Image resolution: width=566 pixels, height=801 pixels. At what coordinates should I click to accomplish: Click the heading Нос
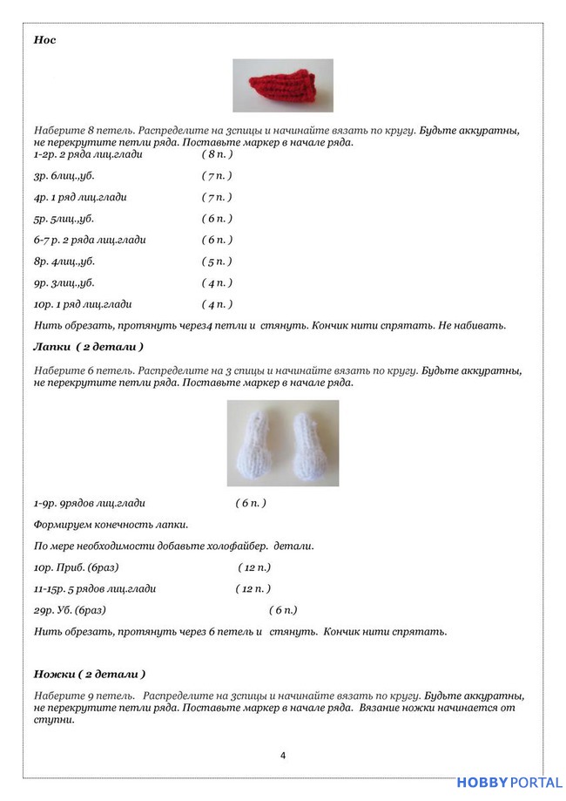[x=44, y=40]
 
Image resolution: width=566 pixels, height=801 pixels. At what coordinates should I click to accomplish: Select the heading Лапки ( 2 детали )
[x=88, y=347]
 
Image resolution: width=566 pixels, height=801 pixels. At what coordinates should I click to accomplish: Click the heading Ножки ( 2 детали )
[x=89, y=674]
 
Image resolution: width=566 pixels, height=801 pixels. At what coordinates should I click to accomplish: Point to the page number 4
[x=283, y=755]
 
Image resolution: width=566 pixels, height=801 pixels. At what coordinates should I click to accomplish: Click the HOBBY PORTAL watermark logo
[x=509, y=783]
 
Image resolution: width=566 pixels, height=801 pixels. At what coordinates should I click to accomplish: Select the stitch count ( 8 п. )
[x=217, y=154]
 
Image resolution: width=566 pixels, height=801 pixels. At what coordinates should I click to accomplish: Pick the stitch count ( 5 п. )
[x=217, y=261]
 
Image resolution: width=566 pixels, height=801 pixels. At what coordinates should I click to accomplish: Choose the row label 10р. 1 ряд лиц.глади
[x=84, y=304]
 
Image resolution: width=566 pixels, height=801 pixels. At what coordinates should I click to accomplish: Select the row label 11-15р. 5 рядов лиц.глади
[x=96, y=588]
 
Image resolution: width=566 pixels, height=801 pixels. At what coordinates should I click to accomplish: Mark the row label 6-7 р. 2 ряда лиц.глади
[x=90, y=240]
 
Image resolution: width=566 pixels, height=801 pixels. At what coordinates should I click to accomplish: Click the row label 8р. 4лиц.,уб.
[x=64, y=261]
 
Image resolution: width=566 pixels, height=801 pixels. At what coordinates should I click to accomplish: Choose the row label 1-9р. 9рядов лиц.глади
[x=90, y=503]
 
